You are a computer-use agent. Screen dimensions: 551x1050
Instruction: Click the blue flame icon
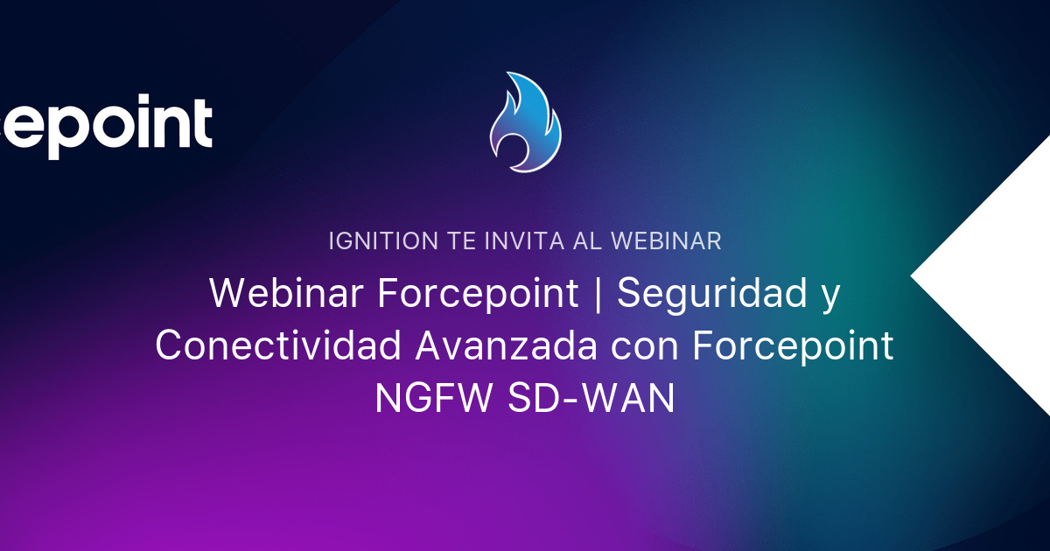point(525,122)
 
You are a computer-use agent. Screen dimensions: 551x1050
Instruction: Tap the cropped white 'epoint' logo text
point(105,127)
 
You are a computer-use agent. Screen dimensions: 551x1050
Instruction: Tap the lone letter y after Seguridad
point(829,297)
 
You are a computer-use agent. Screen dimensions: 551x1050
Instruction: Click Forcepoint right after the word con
point(793,347)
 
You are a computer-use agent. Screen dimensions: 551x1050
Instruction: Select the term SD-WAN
point(591,400)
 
